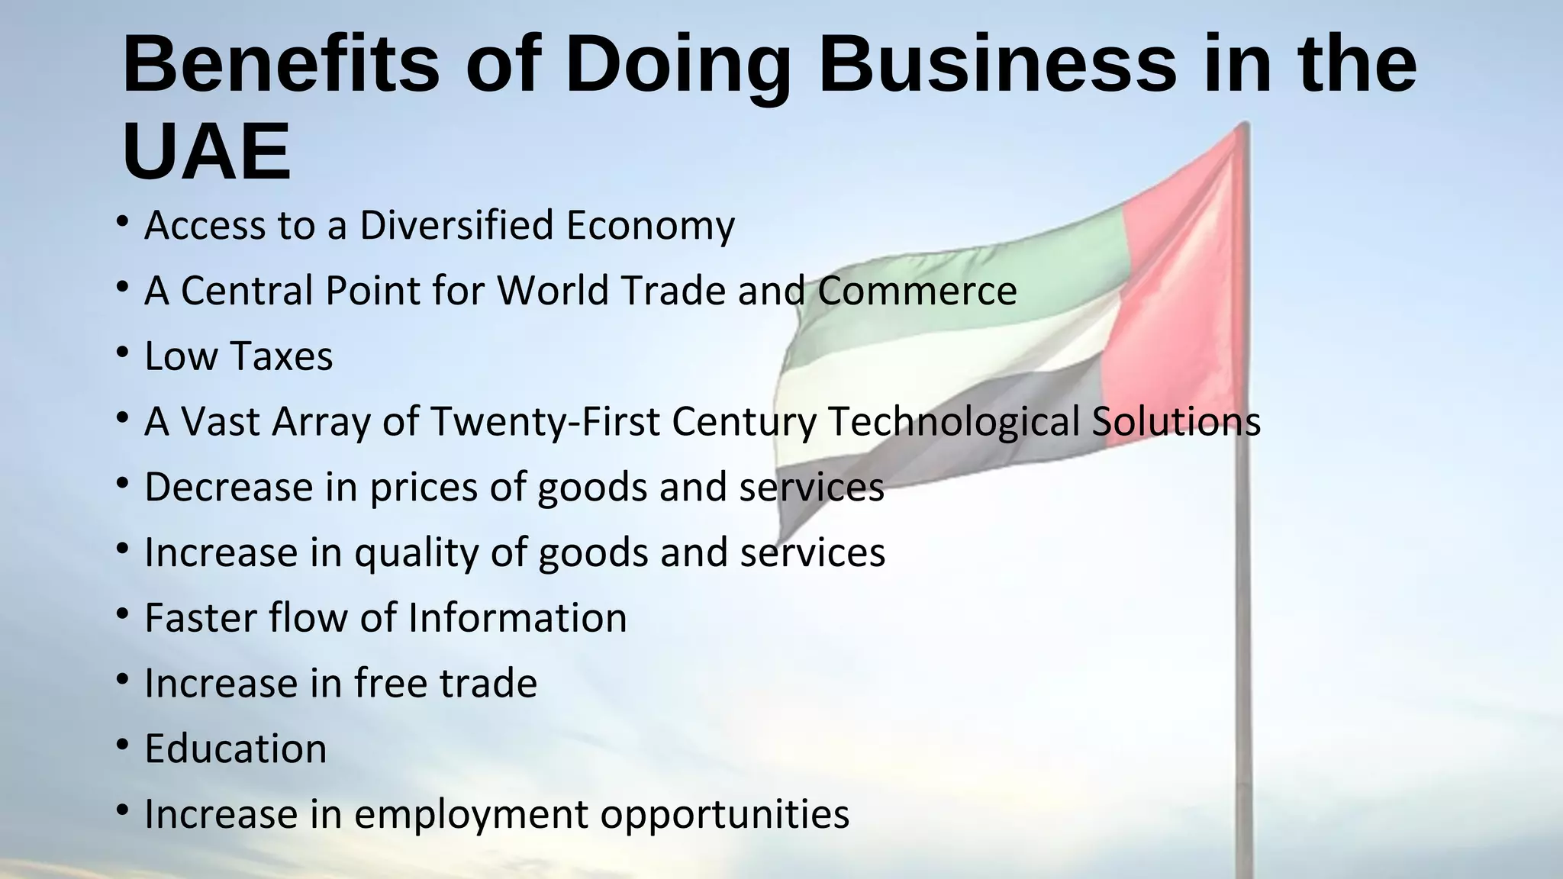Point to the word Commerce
pos(917,291)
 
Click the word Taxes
pos(281,356)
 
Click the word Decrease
pos(228,487)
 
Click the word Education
pos(235,749)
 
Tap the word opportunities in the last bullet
pos(724,814)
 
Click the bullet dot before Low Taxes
pos(122,353)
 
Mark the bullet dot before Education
pos(122,745)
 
